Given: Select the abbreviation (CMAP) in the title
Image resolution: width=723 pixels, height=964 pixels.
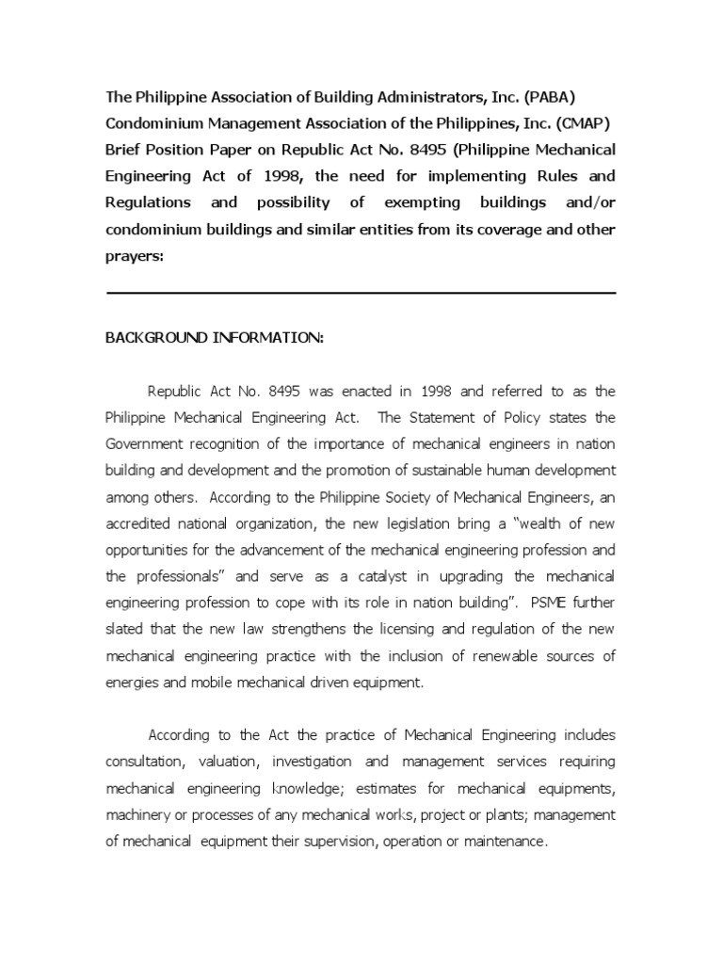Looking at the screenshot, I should tap(583, 123).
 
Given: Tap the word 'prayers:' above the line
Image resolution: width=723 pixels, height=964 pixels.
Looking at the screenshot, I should tap(135, 255).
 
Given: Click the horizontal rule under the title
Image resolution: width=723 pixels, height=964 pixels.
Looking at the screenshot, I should tap(361, 293).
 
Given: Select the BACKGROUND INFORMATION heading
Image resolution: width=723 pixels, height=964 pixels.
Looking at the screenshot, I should tap(214, 338).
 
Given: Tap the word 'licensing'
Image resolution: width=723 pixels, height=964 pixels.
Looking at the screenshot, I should tap(445, 628).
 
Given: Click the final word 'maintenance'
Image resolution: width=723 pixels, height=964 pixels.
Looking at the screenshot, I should tap(503, 841).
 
